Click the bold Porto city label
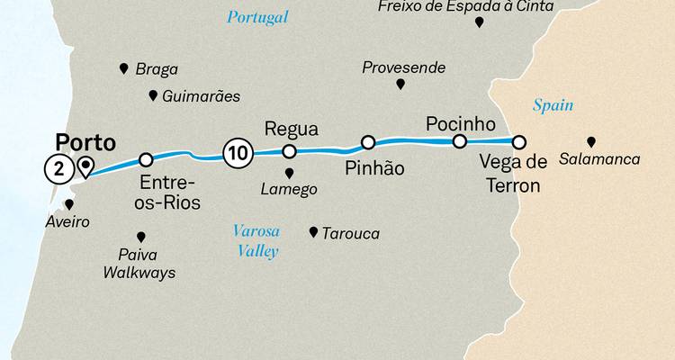pos(85,142)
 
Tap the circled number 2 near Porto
pos(57,167)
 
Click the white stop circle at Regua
pos(290,151)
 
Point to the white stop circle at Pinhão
pos(368,142)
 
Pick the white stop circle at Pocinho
pos(459,141)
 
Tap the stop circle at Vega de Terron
pos(518,141)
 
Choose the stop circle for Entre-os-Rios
pos(146,160)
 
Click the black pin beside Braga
pos(123,68)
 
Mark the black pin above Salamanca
pos(591,141)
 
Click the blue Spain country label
pos(553,105)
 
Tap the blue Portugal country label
pos(257,17)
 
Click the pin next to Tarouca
pos(313,232)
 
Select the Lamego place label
pos(288,190)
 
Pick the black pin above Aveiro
pos(68,204)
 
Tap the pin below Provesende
pos(400,84)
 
